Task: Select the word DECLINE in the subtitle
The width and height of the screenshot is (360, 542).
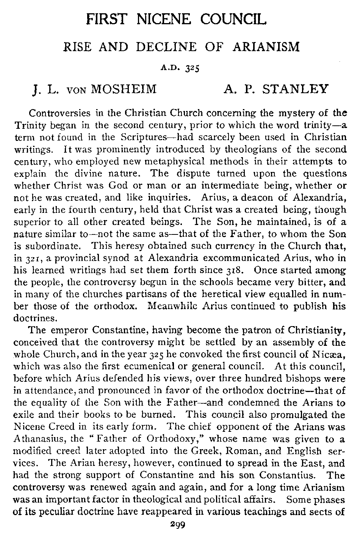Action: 166,47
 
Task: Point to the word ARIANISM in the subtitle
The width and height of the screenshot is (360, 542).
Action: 266,47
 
